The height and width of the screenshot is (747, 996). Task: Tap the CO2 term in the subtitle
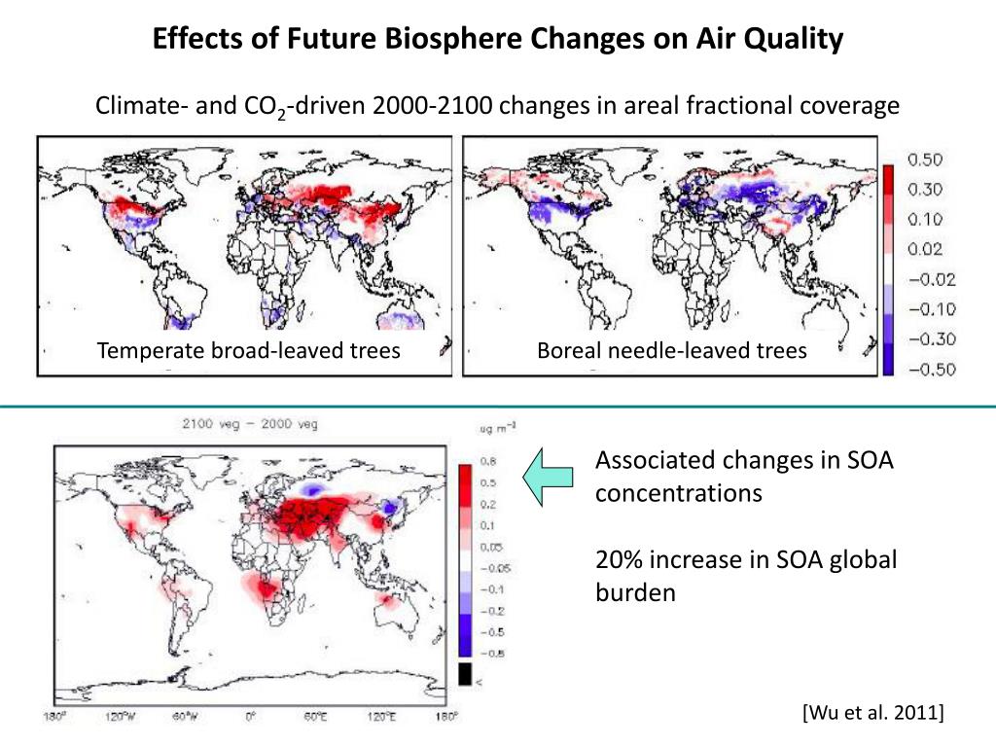(266, 106)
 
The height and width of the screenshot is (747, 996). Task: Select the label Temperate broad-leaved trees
(248, 351)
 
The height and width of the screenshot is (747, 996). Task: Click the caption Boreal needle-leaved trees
(672, 351)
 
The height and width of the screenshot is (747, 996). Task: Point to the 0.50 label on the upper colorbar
(931, 160)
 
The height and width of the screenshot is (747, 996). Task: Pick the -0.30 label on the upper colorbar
(931, 338)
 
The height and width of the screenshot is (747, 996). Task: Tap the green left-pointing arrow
(547, 478)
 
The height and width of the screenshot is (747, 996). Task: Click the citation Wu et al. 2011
(872, 713)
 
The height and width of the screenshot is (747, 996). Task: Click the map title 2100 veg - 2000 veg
(249, 424)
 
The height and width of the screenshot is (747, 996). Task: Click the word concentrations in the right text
(678, 493)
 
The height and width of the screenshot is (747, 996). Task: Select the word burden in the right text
(634, 592)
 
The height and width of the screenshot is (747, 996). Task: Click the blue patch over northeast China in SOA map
(391, 507)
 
